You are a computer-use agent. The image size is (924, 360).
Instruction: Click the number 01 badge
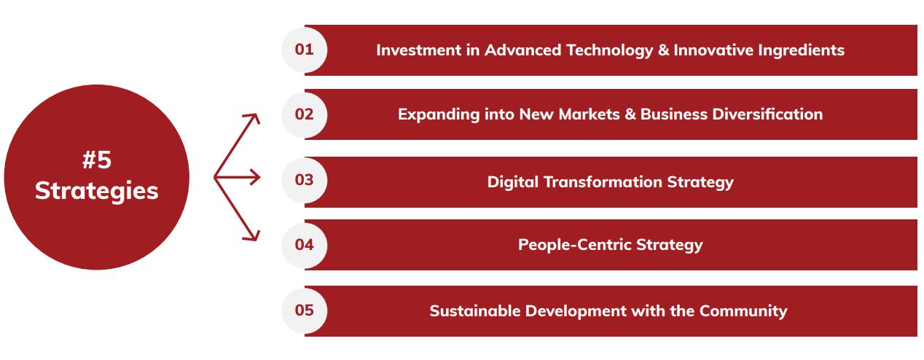pos(305,50)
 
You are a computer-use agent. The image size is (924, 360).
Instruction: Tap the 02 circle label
pos(305,114)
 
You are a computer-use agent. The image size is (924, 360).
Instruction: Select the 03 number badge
pos(305,180)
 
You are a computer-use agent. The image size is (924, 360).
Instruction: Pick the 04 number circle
pos(305,245)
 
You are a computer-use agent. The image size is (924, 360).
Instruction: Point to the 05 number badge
pos(305,310)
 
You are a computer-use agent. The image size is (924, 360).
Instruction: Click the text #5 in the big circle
pos(97,160)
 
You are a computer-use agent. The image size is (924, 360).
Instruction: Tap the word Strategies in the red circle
pos(96,191)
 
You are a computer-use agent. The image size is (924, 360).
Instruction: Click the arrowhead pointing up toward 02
pos(252,119)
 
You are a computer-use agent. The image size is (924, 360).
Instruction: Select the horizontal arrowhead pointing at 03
pos(254,177)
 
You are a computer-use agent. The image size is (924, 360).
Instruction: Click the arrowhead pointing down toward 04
pos(252,235)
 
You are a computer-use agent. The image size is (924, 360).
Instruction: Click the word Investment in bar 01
pos(419,50)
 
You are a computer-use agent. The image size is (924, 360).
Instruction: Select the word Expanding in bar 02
pos(439,115)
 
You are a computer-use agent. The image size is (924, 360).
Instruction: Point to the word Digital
pos(513,183)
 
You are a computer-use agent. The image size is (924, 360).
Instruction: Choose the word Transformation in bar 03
pos(603,182)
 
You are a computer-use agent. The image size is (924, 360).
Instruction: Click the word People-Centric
pos(575,246)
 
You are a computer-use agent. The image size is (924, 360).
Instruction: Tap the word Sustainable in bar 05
pos(475,311)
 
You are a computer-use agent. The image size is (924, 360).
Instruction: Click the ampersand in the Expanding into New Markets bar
pos(630,114)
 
